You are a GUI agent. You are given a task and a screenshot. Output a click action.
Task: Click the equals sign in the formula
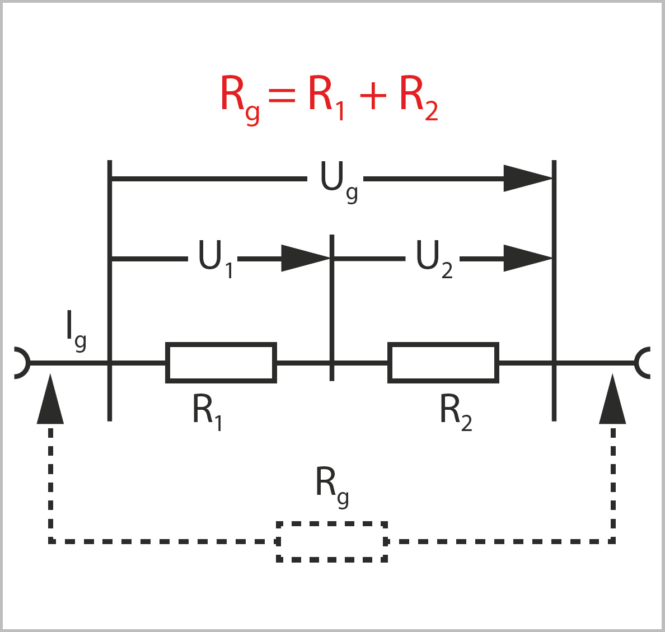point(282,96)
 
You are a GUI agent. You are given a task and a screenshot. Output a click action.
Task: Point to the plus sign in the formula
point(373,96)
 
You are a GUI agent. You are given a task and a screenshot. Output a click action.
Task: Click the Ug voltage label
point(338,181)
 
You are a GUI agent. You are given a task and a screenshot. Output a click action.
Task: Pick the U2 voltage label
point(433,259)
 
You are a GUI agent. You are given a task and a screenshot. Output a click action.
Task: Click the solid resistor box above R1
point(221,363)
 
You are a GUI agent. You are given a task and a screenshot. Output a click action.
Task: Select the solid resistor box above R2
point(443,363)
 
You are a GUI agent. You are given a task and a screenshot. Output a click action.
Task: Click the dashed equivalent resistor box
point(332,541)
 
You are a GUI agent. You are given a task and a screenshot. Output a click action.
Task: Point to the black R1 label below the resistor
point(207,412)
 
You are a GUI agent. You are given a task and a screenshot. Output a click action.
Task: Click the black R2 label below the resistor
point(455,412)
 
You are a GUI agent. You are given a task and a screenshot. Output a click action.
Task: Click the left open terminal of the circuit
point(20,363)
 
